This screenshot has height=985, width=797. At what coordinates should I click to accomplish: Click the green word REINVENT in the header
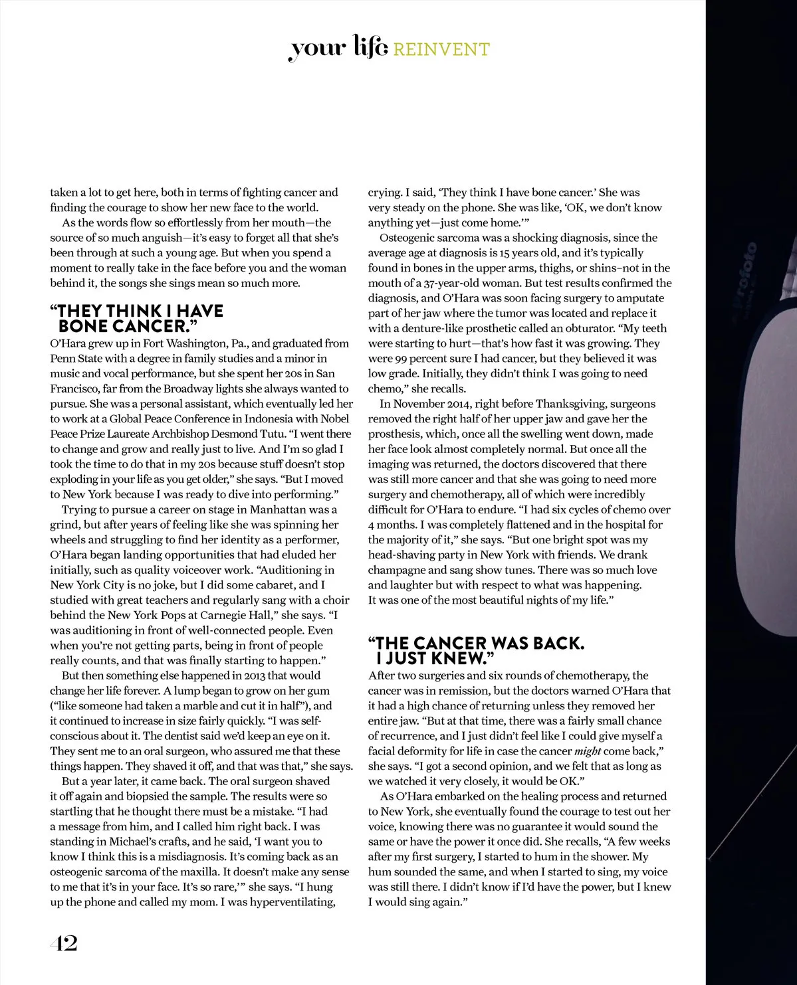(441, 50)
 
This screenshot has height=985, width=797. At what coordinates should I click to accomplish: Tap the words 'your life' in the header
(338, 50)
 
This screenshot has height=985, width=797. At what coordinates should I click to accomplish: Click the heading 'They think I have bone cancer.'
(136, 319)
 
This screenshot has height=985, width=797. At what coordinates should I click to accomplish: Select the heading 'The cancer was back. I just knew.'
(476, 651)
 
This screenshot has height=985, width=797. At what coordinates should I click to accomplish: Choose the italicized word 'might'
(588, 751)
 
